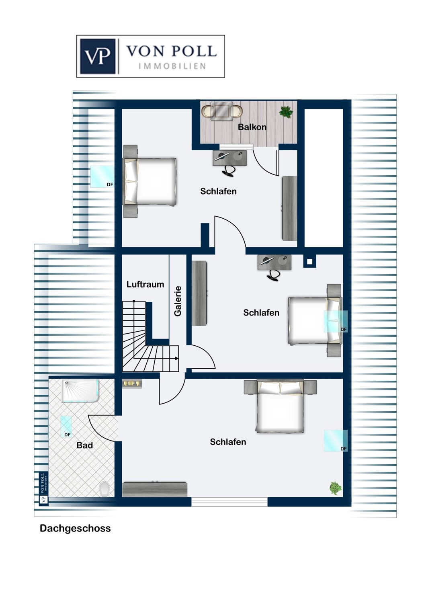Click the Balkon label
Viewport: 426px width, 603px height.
(252, 127)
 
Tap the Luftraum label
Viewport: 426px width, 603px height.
(145, 284)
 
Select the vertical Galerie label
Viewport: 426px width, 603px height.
(178, 301)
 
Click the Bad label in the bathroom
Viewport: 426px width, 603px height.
(84, 445)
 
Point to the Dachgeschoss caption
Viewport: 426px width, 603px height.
(75, 528)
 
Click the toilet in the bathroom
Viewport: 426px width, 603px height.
(104, 489)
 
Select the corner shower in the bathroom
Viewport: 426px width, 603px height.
(80, 391)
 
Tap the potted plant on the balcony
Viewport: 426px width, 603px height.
(286, 112)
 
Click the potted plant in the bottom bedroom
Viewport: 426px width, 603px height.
(335, 488)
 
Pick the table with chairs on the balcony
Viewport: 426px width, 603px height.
(222, 111)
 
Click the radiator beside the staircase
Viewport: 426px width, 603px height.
(132, 384)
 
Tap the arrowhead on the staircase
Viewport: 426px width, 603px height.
(176, 358)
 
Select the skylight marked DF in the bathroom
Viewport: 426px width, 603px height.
(66, 427)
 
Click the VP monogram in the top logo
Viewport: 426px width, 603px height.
(98, 56)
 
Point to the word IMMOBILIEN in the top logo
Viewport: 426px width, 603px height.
(172, 66)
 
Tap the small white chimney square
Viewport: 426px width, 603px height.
(309, 262)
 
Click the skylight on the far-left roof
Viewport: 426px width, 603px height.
(102, 176)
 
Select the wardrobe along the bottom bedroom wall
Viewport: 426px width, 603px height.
(155, 489)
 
